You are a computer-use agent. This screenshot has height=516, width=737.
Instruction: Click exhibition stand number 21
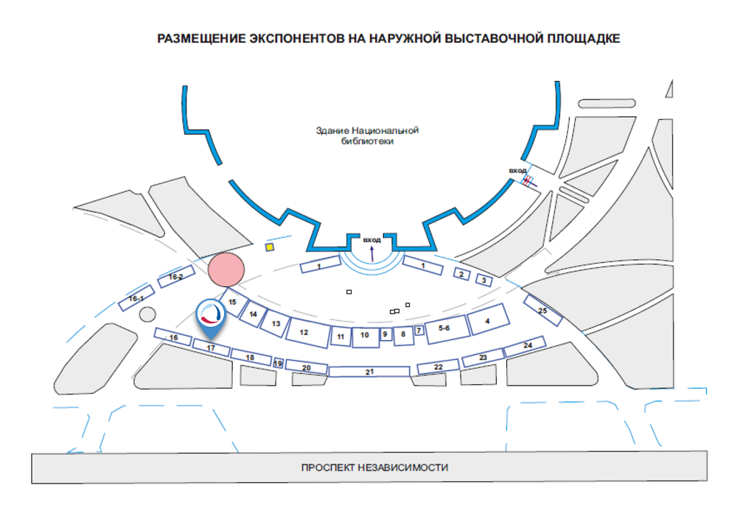pyautogui.click(x=369, y=372)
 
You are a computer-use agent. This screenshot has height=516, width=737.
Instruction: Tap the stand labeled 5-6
pyautogui.click(x=444, y=328)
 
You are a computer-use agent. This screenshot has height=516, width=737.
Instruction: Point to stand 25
pyautogui.click(x=543, y=311)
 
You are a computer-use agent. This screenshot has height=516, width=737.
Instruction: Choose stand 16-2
pyautogui.click(x=175, y=278)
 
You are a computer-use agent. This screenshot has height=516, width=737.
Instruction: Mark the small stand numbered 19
pyautogui.click(x=278, y=363)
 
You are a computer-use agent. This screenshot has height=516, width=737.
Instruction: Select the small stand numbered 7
pyautogui.click(x=419, y=331)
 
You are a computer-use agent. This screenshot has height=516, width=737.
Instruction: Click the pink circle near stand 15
pyautogui.click(x=226, y=269)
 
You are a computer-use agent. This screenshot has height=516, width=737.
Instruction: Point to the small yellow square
pyautogui.click(x=270, y=247)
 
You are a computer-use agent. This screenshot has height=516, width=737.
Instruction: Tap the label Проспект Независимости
pyautogui.click(x=374, y=467)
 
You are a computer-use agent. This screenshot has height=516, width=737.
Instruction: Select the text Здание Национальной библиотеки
pyautogui.click(x=367, y=136)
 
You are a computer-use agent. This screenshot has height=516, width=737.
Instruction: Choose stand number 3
pyautogui.click(x=483, y=280)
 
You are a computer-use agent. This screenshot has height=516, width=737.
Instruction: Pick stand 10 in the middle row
pyautogui.click(x=365, y=336)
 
